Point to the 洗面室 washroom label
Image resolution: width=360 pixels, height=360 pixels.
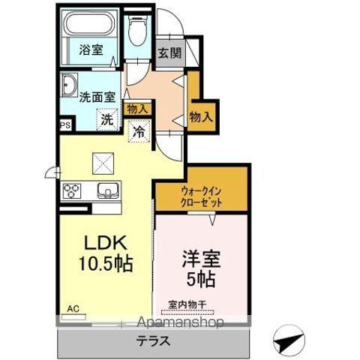pyautogui.click(x=96, y=95)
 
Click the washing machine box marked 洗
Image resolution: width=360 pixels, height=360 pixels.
pyautogui.click(x=107, y=118)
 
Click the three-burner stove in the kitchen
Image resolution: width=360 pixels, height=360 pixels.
pyautogui.click(x=73, y=190)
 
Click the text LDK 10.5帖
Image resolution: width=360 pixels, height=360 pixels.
pyautogui.click(x=104, y=253)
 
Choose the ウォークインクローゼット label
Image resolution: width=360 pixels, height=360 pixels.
pyautogui.click(x=201, y=196)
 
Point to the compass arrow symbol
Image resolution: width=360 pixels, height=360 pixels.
pyautogui.click(x=287, y=340)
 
